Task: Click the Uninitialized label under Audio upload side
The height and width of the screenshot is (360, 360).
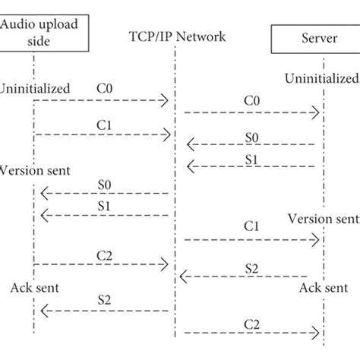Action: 35,89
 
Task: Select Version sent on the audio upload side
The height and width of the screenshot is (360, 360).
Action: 35,171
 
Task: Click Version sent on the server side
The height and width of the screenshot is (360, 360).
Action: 322,219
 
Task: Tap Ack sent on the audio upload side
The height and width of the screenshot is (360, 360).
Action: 35,288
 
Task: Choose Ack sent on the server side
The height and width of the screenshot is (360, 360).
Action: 322,288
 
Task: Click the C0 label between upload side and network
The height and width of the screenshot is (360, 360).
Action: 104,88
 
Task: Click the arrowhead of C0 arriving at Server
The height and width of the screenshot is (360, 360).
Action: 316,112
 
